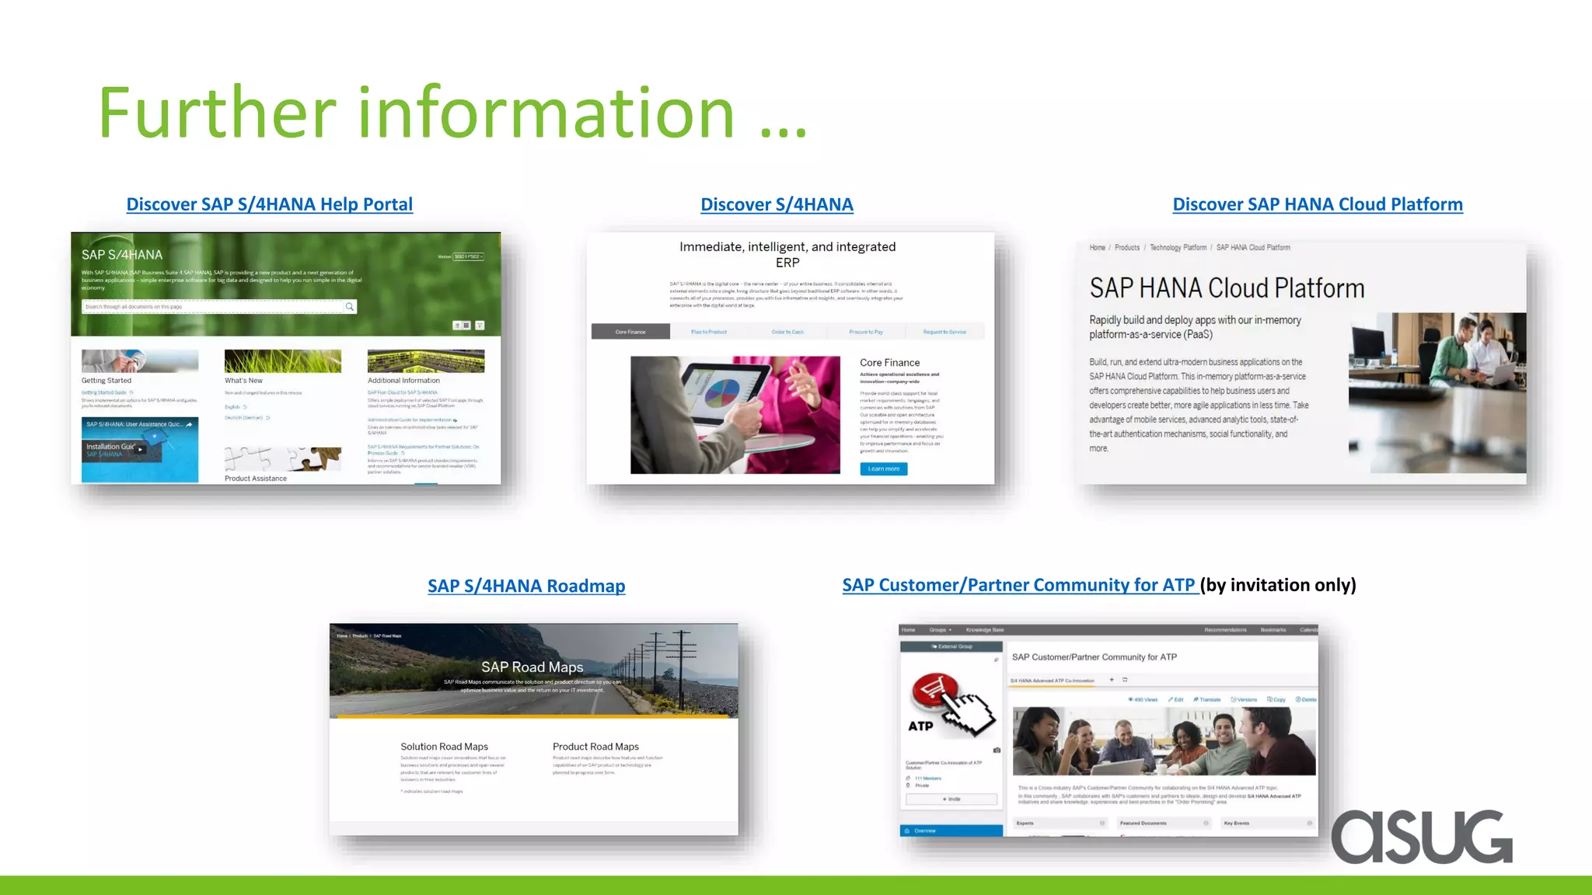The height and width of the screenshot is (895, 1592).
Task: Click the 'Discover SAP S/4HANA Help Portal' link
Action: coord(269,204)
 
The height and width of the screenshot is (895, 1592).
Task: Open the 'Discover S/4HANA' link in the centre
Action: coord(777,204)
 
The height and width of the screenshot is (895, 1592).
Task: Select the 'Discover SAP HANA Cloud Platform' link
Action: coord(1317,204)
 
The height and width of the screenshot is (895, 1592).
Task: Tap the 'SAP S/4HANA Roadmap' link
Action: coord(526,586)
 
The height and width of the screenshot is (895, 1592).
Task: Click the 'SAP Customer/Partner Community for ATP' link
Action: coord(1018,585)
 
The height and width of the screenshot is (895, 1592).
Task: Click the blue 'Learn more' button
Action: coord(883,468)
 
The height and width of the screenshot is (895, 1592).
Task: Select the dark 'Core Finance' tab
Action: coord(630,332)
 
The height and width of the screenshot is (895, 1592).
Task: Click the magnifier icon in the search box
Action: coord(350,307)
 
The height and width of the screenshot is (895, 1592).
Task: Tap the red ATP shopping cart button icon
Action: coord(936,690)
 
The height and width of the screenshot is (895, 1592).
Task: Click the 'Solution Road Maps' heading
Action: coord(444,747)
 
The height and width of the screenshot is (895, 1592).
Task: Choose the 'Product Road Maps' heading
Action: coord(595,747)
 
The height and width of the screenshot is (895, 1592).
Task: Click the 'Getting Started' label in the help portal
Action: coord(106,381)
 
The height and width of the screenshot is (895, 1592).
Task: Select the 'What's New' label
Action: coord(243,381)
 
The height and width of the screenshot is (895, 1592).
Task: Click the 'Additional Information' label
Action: coord(403,381)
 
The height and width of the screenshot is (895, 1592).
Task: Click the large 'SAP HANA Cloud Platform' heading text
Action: coord(1227,288)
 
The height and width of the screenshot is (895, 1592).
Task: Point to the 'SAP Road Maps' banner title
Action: coord(532,667)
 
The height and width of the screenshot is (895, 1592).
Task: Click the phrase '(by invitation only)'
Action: coord(1278,585)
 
